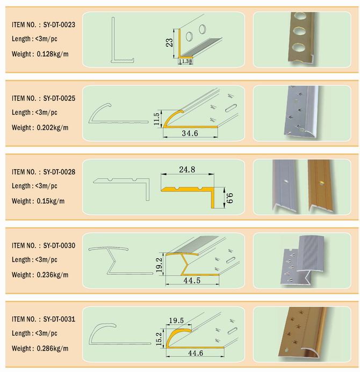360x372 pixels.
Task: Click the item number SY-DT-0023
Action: [x=59, y=25]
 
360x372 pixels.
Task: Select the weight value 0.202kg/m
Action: [x=53, y=128]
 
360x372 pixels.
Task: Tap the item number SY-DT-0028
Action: [x=59, y=172]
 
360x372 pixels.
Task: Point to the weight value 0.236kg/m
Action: [x=53, y=275]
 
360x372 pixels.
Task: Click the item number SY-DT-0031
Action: [x=59, y=319]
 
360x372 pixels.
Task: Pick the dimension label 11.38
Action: [x=185, y=61]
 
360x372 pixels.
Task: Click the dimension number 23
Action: [x=170, y=43]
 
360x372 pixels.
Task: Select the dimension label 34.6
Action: [x=190, y=133]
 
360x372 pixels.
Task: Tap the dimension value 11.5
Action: [x=156, y=119]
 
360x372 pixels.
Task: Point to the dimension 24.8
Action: [x=187, y=170]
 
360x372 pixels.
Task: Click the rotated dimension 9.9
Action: [x=230, y=198]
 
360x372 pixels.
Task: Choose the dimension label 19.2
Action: [x=159, y=265]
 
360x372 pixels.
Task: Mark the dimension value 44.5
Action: [x=192, y=281]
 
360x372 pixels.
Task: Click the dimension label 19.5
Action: [x=176, y=320]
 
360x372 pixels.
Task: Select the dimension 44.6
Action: [x=196, y=353]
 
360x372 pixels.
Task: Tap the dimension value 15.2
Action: [x=159, y=339]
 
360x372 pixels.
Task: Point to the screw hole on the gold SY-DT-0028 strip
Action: [x=321, y=183]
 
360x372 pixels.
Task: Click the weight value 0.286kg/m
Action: [x=53, y=348]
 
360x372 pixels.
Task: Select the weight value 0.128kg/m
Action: [x=53, y=54]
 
